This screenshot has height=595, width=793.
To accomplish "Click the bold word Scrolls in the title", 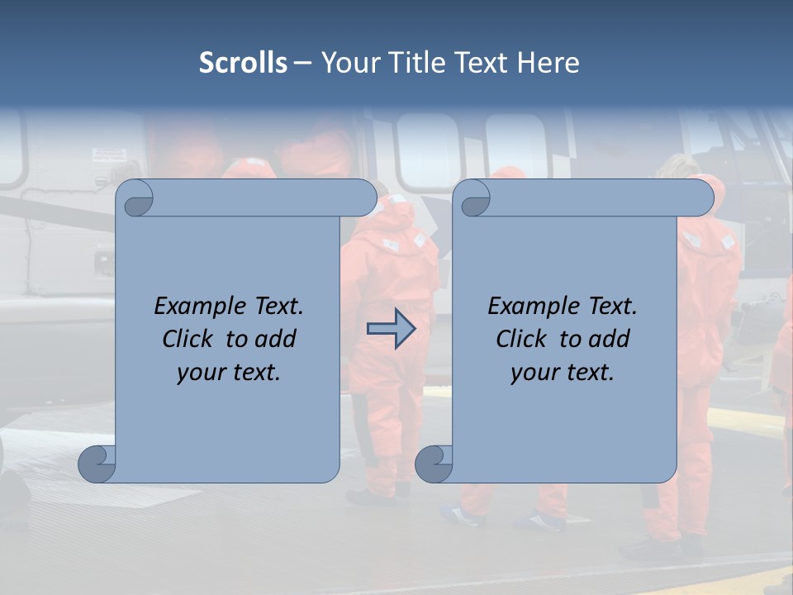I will pyautogui.click(x=243, y=63).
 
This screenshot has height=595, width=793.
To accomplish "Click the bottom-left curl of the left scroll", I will pyautogui.click(x=97, y=464).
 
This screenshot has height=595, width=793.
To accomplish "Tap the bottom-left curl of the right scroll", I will pyautogui.click(x=434, y=464).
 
